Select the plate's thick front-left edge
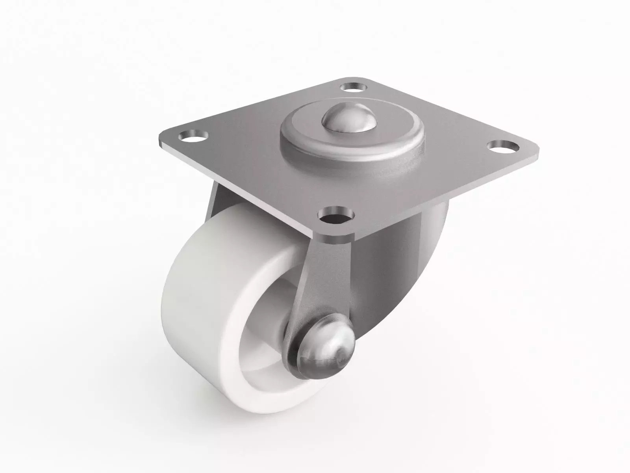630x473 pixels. [236, 189]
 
